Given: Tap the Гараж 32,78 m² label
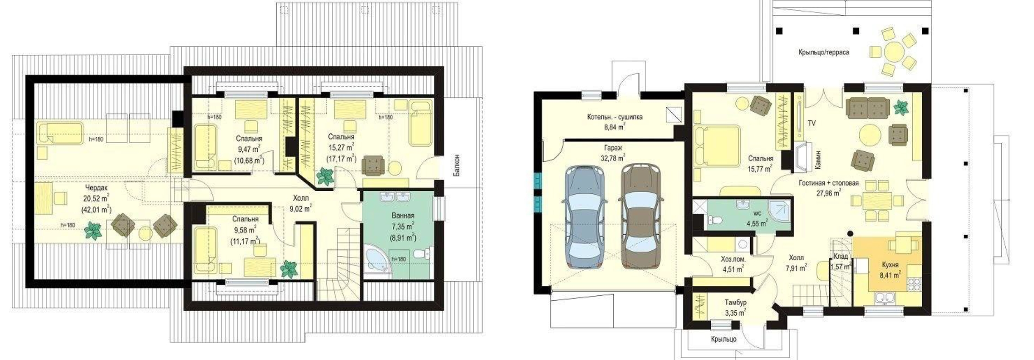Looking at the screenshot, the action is coord(612,153).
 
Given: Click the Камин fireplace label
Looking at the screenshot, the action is coord(818,159).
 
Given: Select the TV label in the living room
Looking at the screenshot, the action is coord(811,123).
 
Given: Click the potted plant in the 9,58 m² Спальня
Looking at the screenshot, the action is coord(289,269).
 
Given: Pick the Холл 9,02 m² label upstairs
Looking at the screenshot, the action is coord(300,203).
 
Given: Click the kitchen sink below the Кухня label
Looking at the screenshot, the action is coord(884,297).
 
